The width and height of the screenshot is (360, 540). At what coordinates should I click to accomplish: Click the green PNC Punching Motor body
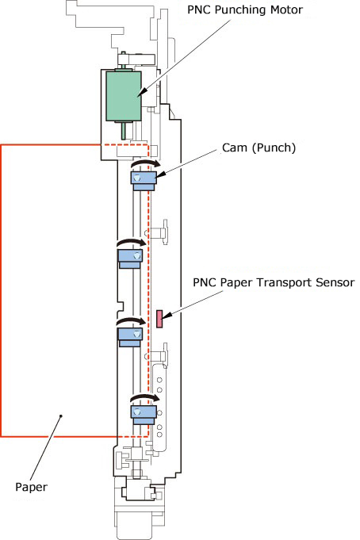(x=124, y=96)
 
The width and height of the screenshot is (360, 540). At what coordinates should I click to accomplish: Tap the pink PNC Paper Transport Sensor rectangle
(x=159, y=319)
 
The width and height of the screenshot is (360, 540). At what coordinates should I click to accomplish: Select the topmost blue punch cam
(x=144, y=181)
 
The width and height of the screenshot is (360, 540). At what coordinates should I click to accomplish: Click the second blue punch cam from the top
(x=130, y=259)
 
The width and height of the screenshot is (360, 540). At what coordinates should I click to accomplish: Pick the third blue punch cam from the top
(x=130, y=337)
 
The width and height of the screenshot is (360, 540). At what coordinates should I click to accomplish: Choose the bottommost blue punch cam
(x=144, y=415)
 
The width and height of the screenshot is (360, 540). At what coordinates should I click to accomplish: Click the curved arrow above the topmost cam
(x=146, y=163)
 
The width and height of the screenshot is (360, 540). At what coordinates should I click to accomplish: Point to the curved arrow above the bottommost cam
(x=145, y=397)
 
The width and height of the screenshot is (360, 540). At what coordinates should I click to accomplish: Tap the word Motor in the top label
(x=286, y=10)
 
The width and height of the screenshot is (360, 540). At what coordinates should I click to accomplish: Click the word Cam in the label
(x=235, y=147)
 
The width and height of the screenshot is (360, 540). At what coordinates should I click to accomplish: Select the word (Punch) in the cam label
(x=274, y=148)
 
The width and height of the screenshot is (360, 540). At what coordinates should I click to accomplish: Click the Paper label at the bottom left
(x=31, y=487)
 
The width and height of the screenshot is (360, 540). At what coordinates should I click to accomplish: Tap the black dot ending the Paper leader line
(x=61, y=416)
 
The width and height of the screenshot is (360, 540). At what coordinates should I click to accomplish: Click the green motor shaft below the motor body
(x=124, y=130)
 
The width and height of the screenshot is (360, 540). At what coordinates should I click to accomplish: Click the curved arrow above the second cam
(x=132, y=243)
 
